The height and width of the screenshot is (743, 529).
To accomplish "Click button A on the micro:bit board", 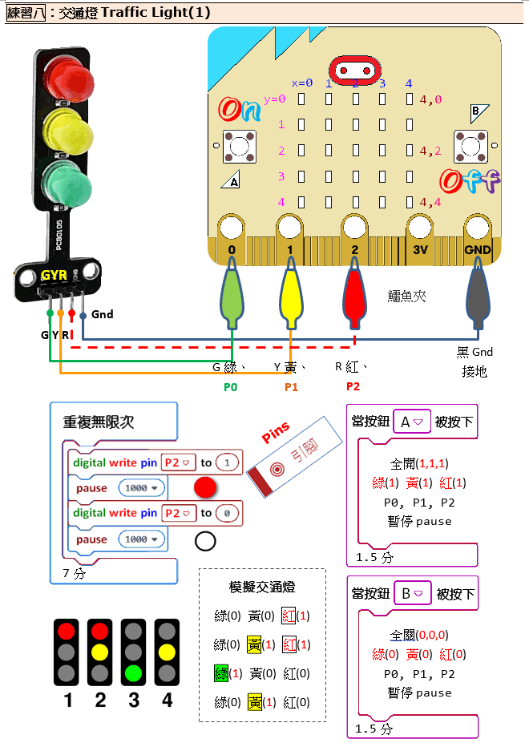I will (x=239, y=147).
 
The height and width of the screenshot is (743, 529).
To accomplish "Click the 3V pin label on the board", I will (x=420, y=250).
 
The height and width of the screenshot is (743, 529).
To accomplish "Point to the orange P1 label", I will (x=291, y=386).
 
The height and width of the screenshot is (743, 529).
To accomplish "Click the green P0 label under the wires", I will (x=231, y=386).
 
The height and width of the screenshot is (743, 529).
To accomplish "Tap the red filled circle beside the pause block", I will (x=206, y=487).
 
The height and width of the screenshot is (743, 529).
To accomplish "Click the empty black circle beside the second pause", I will (x=205, y=541).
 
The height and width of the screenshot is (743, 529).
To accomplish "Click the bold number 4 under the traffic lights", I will (x=167, y=700).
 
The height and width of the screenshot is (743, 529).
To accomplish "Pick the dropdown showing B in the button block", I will (x=412, y=594).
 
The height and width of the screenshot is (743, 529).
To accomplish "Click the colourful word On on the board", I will (x=240, y=109).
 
